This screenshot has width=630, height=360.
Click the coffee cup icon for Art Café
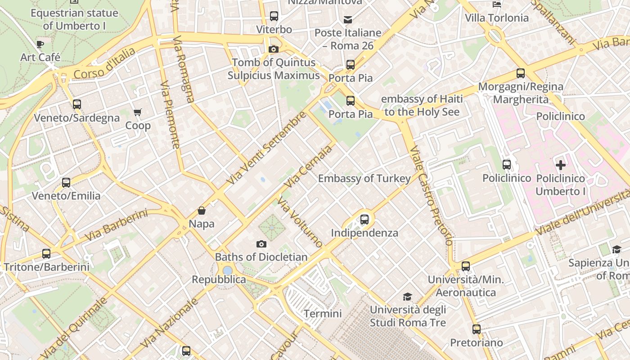coord(40,44)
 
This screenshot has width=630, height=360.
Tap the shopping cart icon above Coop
coord(137,112)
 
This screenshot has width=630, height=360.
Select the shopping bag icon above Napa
coord(202,211)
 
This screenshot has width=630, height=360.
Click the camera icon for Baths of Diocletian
coord(261,244)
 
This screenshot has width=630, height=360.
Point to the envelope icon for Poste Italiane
coord(348,20)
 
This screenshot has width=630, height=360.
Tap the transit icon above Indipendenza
coord(364,220)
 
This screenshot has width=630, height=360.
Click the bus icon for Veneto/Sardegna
coord(77,104)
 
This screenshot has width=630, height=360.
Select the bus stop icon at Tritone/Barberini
coord(46,253)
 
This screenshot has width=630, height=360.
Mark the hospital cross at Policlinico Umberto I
coord(560,165)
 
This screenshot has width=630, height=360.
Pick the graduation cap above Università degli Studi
coord(407,297)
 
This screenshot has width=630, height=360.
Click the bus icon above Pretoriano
coord(477,329)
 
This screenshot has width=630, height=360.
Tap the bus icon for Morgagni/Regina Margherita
coord(521,73)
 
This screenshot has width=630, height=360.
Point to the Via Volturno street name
coord(300,222)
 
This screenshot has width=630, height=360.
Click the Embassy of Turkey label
coord(364,179)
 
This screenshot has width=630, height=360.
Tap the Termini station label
coord(323,314)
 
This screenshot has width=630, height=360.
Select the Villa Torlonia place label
coord(497,18)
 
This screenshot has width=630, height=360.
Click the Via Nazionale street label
coord(170,323)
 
